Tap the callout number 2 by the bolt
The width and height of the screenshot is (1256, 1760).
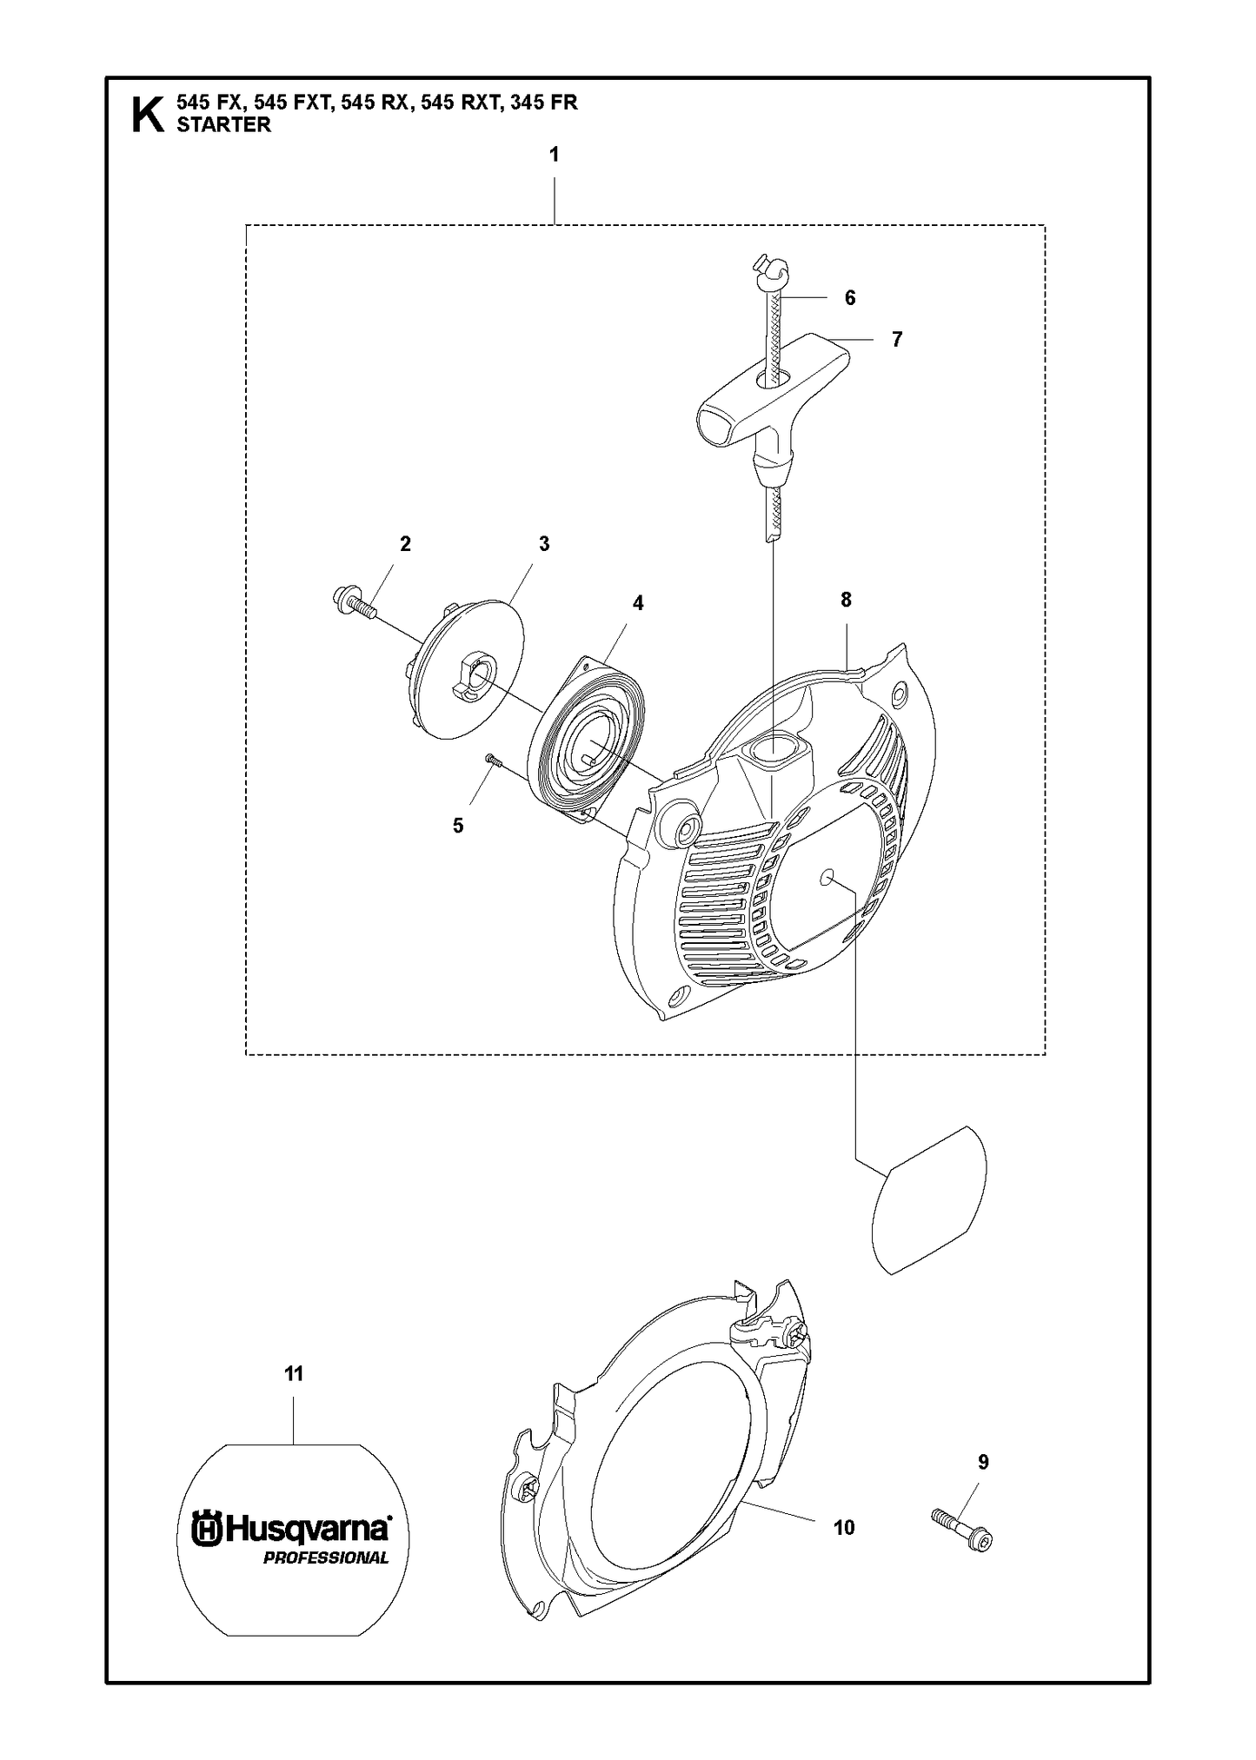click(x=405, y=544)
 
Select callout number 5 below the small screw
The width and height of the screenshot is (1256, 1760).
click(x=458, y=825)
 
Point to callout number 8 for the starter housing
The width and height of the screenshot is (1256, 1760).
click(x=846, y=599)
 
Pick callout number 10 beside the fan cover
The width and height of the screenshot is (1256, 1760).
click(x=844, y=1527)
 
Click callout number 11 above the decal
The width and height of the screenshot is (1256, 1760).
click(x=294, y=1374)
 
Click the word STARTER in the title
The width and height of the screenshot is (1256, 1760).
click(x=224, y=125)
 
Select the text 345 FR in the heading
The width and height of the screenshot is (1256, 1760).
click(x=544, y=103)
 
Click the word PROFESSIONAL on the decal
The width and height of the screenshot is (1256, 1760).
click(x=326, y=1557)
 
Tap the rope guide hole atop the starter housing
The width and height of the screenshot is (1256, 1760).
click(x=773, y=747)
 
